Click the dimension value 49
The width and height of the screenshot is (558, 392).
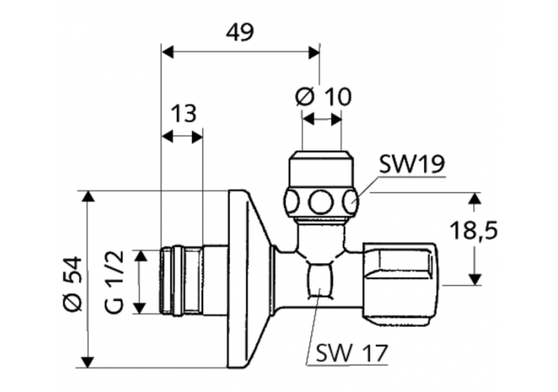(x=240, y=32)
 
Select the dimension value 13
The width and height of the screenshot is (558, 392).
(x=182, y=114)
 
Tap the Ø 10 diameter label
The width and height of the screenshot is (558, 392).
(x=323, y=96)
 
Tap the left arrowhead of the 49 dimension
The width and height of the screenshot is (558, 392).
(x=167, y=51)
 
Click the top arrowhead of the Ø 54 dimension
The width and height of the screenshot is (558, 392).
(x=88, y=196)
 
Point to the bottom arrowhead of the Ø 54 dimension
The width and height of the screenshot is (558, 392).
(x=88, y=362)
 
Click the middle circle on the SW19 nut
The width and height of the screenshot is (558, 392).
(x=321, y=202)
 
